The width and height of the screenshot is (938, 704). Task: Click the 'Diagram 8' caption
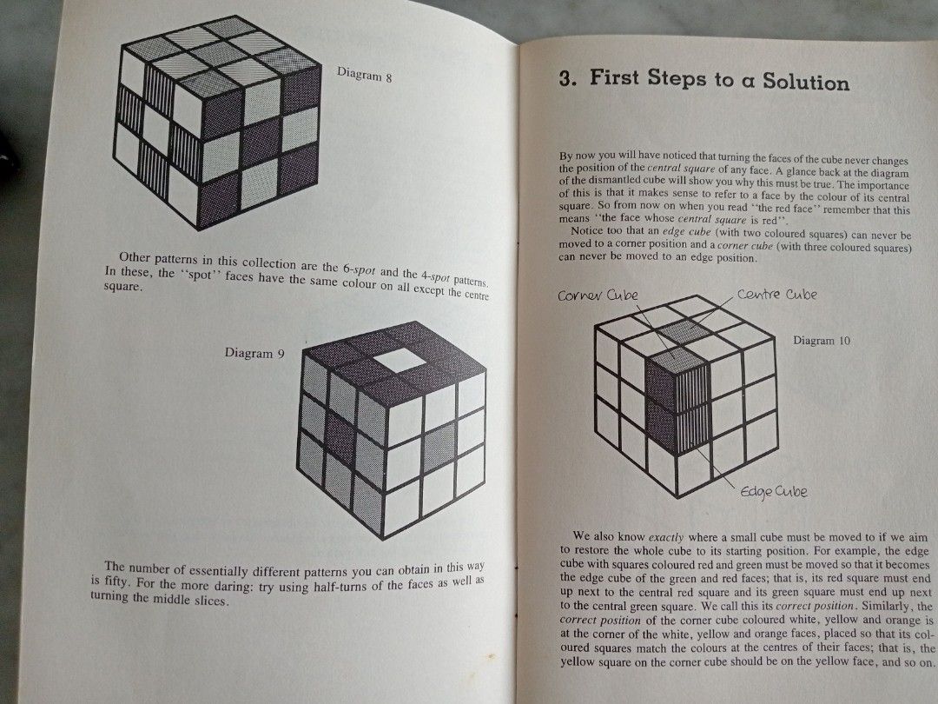point(364,76)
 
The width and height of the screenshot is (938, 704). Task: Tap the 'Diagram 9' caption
point(254,354)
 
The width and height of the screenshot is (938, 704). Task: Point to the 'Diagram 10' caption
point(822,341)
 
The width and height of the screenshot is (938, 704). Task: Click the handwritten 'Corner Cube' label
point(598,295)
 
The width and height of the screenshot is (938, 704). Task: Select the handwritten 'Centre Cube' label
point(776,295)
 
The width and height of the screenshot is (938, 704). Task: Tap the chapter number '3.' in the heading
point(568,79)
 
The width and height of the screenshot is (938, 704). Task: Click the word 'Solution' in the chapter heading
point(805,83)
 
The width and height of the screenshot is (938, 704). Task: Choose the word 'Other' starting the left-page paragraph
point(135,257)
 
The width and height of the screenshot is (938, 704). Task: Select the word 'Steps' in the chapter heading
point(678,79)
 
